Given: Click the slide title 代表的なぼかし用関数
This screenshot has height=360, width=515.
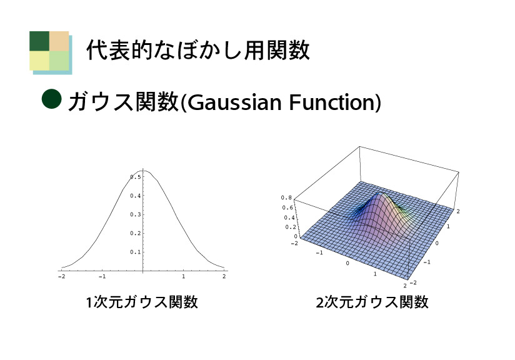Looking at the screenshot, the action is [x=198, y=50].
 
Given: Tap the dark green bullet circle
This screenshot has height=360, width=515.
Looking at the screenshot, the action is [x=52, y=99].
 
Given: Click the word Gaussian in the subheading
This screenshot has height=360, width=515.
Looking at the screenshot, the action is [x=234, y=102].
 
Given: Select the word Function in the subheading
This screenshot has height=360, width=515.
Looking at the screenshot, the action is [x=332, y=102].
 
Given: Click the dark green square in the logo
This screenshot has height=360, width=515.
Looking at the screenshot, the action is [x=39, y=41].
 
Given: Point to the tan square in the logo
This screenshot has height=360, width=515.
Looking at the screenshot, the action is [x=59, y=41].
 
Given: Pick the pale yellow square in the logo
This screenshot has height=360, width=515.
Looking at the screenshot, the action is [x=39, y=61].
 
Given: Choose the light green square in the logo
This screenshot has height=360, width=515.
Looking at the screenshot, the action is [x=59, y=61].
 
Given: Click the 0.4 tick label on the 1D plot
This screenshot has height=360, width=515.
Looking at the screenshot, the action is [x=135, y=196].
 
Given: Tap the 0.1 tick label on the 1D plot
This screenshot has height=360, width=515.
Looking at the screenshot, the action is [x=135, y=252].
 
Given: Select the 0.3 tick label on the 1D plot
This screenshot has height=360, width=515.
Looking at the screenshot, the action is [x=135, y=214].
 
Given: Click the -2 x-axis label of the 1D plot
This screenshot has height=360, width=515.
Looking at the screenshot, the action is [x=61, y=277].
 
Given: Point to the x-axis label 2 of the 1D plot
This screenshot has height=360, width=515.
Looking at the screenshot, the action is [x=224, y=277].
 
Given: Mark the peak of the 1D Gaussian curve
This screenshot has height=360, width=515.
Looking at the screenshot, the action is [x=144, y=171].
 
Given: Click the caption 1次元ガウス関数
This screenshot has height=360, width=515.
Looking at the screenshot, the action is [x=142, y=302].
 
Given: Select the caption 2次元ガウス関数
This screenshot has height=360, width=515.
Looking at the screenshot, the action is [x=372, y=302].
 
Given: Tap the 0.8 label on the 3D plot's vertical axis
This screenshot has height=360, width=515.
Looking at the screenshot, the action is [x=286, y=197].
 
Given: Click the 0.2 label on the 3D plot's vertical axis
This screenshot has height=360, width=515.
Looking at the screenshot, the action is [x=291, y=227].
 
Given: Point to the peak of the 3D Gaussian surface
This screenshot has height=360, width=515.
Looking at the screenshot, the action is [x=381, y=192].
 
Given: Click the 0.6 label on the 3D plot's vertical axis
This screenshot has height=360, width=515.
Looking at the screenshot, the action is [x=287, y=207].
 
